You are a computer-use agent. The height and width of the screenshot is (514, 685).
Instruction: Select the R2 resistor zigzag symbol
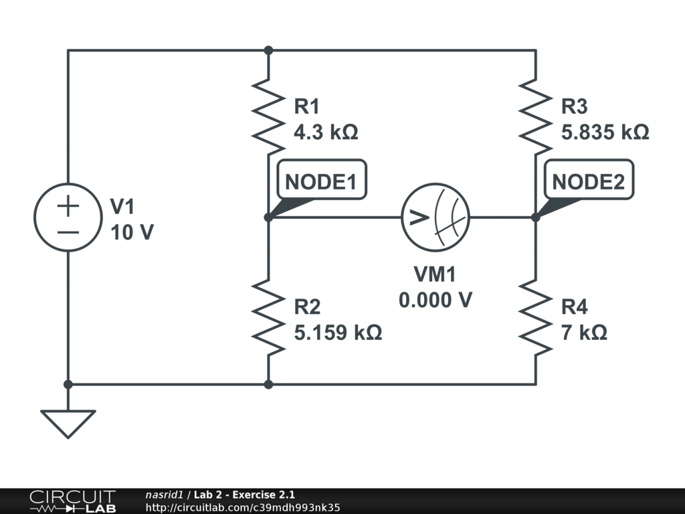click(x=268, y=317)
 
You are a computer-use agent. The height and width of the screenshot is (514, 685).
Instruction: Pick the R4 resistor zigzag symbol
click(x=535, y=317)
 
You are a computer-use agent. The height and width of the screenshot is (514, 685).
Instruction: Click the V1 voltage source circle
click(x=68, y=218)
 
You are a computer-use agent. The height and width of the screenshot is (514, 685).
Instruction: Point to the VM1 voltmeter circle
click(x=435, y=217)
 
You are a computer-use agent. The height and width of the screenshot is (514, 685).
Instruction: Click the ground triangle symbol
click(x=68, y=423)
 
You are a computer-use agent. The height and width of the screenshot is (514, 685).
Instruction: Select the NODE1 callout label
click(x=321, y=181)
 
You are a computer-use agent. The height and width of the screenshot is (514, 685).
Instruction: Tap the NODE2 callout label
click(x=589, y=181)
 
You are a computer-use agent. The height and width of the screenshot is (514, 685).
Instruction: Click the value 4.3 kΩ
click(x=326, y=133)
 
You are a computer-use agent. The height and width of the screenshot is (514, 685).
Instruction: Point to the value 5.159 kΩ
click(x=338, y=333)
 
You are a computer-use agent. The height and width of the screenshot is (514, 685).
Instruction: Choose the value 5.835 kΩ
click(x=605, y=133)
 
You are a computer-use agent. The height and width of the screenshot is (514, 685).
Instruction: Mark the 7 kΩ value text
click(x=584, y=333)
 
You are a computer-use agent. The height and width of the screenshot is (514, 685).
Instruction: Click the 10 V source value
click(x=132, y=232)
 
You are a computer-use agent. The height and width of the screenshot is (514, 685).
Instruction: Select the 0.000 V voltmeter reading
click(x=435, y=301)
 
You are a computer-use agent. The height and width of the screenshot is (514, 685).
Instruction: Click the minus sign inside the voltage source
click(x=68, y=232)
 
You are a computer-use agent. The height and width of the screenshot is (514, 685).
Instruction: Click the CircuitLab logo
click(x=72, y=501)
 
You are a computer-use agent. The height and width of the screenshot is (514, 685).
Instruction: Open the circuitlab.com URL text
click(x=243, y=507)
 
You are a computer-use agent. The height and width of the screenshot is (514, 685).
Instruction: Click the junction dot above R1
click(x=268, y=50)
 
